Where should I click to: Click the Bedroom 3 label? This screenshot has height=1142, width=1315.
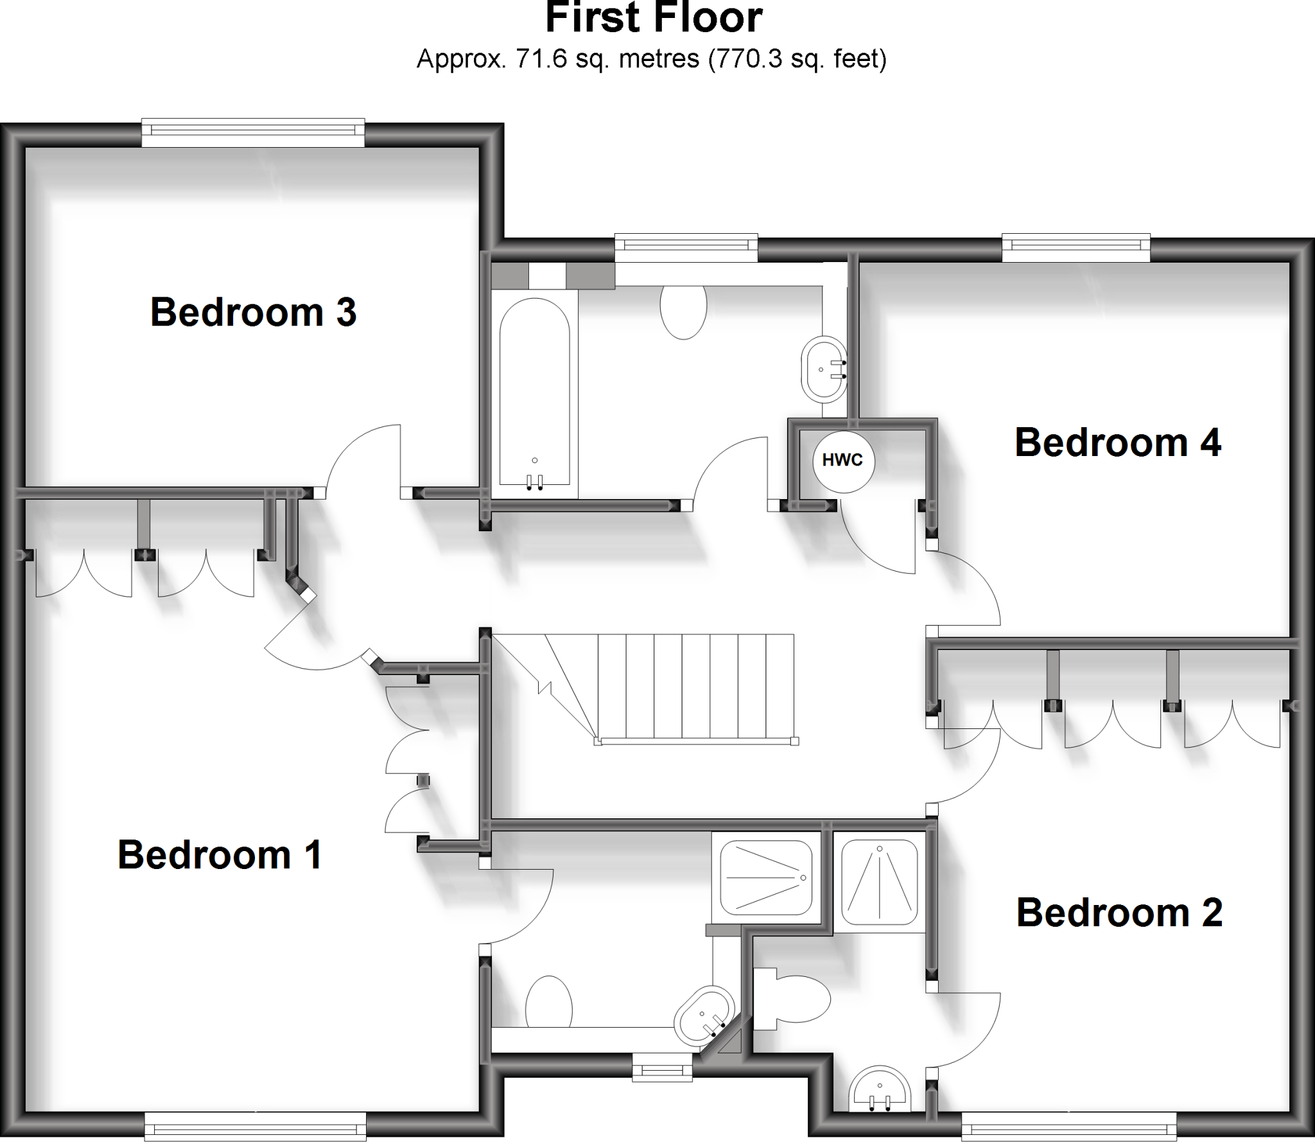(253, 313)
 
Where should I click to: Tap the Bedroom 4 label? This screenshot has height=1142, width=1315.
(1117, 443)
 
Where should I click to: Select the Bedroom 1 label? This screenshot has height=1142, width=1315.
(220, 855)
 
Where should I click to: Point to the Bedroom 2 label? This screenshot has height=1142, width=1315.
(1119, 913)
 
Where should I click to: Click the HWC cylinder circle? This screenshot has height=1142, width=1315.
(843, 460)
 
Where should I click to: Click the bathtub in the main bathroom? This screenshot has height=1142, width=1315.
(534, 392)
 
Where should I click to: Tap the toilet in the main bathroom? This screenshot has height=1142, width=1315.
(683, 311)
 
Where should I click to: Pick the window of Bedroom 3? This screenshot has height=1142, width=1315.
(253, 132)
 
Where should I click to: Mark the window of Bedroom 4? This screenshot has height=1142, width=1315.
(1076, 247)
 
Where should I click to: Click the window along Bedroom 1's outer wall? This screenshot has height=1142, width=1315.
(255, 1126)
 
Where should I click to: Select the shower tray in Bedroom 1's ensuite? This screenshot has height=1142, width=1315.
(766, 877)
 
